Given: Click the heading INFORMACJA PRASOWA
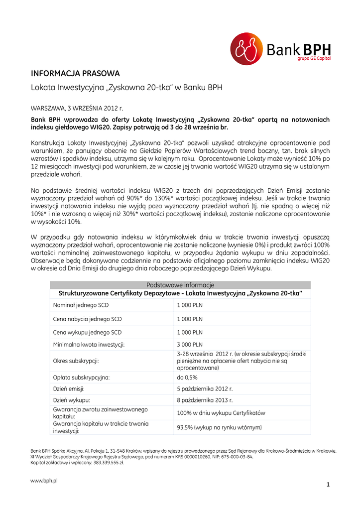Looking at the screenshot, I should click(75, 74).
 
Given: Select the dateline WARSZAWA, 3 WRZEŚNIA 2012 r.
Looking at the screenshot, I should click(77, 107).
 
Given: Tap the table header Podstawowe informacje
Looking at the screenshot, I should click(180, 285).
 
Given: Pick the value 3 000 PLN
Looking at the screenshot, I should click(190, 344).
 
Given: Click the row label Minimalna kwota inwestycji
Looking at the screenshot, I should click(89, 344).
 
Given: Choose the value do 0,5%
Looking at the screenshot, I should click(187, 378).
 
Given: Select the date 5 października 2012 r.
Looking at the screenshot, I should click(205, 388).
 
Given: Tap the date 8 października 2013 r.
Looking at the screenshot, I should click(205, 399).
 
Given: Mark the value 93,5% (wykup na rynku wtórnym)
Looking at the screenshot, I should click(219, 427).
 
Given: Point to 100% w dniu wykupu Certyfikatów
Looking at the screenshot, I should click(221, 413).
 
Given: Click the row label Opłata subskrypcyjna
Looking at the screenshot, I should click(81, 378).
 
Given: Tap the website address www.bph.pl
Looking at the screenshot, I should click(44, 481).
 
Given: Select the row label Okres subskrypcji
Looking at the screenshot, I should click(76, 361).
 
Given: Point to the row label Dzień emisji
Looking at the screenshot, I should click(69, 388).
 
